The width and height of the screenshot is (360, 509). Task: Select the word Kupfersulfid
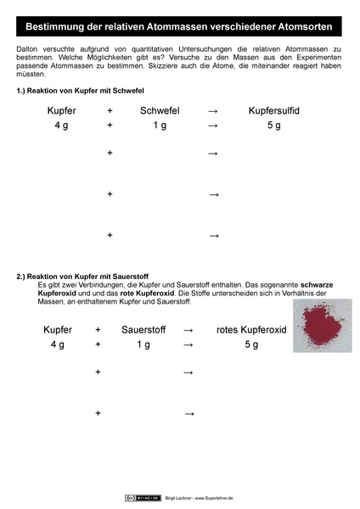274,111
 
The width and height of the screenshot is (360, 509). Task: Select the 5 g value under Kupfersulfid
274,126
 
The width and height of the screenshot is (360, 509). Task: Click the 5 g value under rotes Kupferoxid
251,344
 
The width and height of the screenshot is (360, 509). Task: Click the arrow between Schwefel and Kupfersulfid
212,111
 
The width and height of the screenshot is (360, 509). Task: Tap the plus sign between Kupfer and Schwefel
110,111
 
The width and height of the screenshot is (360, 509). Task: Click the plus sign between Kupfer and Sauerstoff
98,329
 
